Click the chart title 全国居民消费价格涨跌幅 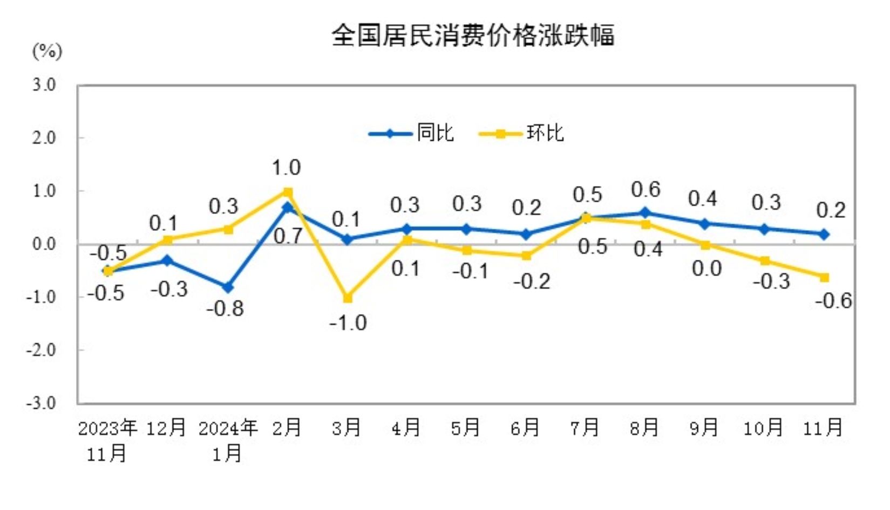[473, 36]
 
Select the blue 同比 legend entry [411, 133]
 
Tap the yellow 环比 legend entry [521, 133]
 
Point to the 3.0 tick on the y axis [44, 85]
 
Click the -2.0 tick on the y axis [41, 350]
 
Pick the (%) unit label [47, 52]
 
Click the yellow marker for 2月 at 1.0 [288, 192]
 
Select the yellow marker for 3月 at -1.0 [348, 298]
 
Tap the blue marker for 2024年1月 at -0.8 [228, 287]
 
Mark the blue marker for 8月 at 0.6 [646, 213]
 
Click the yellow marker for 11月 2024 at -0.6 [824, 277]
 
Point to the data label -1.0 [348, 323]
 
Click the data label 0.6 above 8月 [646, 190]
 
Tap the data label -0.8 [225, 309]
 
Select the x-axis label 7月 [585, 428]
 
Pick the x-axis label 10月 [763, 428]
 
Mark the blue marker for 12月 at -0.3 [168, 261]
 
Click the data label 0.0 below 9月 [706, 268]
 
